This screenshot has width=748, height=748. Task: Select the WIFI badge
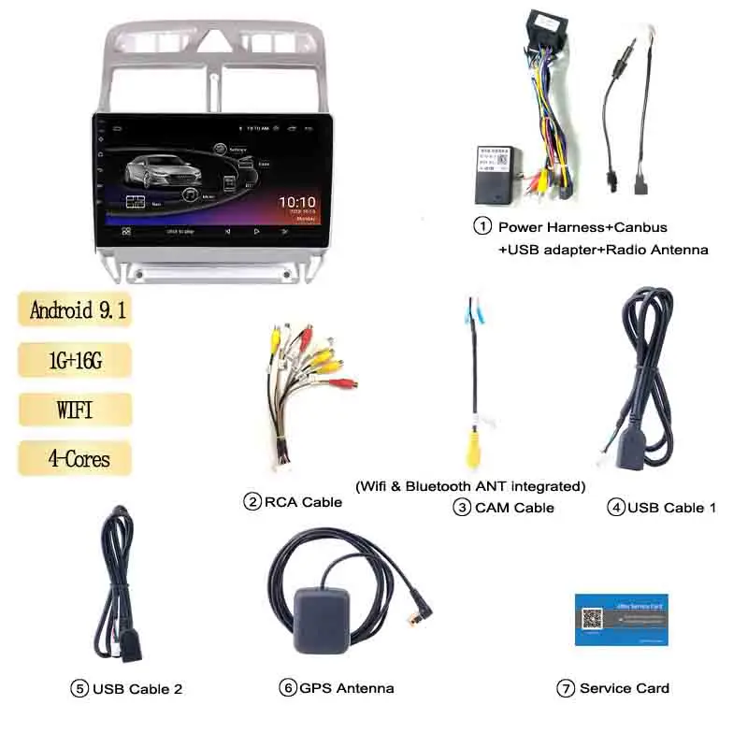click(75, 409)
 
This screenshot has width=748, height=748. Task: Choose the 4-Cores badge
click(75, 458)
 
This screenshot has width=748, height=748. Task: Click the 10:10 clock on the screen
click(297, 202)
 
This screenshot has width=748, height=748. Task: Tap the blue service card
click(621, 618)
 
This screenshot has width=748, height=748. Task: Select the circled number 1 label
click(482, 226)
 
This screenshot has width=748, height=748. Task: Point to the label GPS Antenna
click(347, 688)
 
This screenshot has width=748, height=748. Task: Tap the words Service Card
click(625, 688)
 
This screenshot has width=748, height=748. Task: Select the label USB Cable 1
click(671, 508)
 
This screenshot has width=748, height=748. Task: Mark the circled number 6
click(288, 688)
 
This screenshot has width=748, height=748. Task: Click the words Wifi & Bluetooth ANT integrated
click(470, 486)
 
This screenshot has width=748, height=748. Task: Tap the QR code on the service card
click(590, 619)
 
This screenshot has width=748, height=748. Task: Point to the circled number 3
click(462, 508)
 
